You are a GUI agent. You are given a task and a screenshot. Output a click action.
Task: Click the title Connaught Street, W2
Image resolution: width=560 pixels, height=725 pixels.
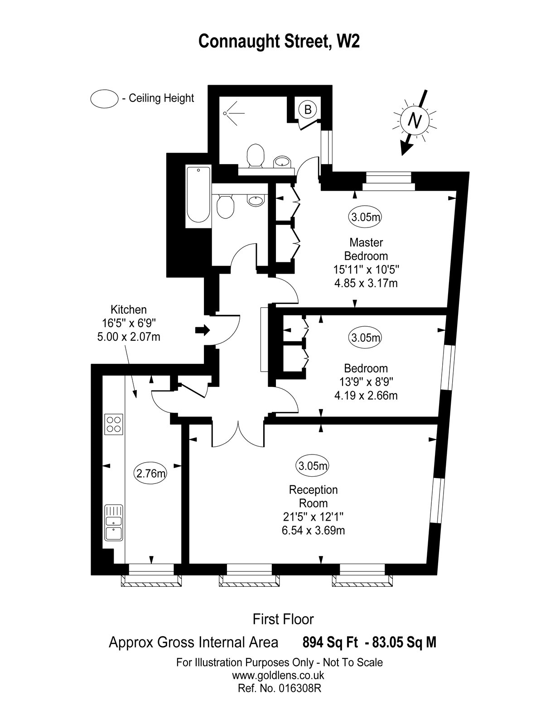click(280, 41)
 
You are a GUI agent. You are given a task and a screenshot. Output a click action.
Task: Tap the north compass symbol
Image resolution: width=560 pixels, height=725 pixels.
click(414, 120)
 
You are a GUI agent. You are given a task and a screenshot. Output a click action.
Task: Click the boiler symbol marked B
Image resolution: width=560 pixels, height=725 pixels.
click(308, 109)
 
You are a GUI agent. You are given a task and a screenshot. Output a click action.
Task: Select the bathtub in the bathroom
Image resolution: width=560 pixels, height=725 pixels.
click(198, 195)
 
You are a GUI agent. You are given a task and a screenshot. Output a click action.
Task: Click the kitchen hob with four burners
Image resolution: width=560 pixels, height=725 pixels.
click(114, 424)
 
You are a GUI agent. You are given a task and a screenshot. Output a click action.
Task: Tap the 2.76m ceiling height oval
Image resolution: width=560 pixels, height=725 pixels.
click(151, 474)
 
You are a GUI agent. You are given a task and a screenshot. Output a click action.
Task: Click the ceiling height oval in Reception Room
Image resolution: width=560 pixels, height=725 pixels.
click(313, 465)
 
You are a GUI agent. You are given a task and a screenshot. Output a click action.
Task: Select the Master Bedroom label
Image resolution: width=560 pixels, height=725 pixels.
click(366, 249)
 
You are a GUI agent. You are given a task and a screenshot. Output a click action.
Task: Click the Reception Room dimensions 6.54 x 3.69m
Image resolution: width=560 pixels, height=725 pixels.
click(314, 530)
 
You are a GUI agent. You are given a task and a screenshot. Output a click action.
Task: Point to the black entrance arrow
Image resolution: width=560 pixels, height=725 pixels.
click(203, 330)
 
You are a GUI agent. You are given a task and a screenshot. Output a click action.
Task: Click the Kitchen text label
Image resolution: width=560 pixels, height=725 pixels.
click(129, 309)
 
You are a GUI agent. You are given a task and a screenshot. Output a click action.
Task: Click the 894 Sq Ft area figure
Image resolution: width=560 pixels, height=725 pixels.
click(330, 643)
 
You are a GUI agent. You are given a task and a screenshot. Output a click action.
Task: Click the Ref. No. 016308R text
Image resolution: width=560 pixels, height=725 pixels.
click(279, 688)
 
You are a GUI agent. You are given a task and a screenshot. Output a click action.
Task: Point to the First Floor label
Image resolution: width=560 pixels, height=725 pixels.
click(283, 619)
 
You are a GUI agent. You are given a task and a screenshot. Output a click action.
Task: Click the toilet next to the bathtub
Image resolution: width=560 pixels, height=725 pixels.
click(225, 207)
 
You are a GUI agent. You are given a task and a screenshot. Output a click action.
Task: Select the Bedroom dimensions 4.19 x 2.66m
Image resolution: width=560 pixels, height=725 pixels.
click(366, 396)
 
